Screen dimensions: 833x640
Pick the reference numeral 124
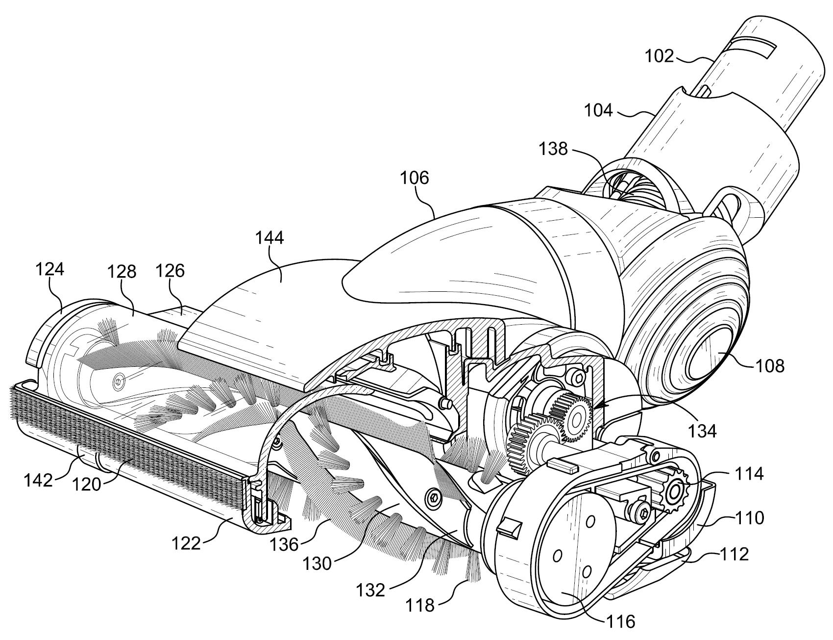[49, 270]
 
